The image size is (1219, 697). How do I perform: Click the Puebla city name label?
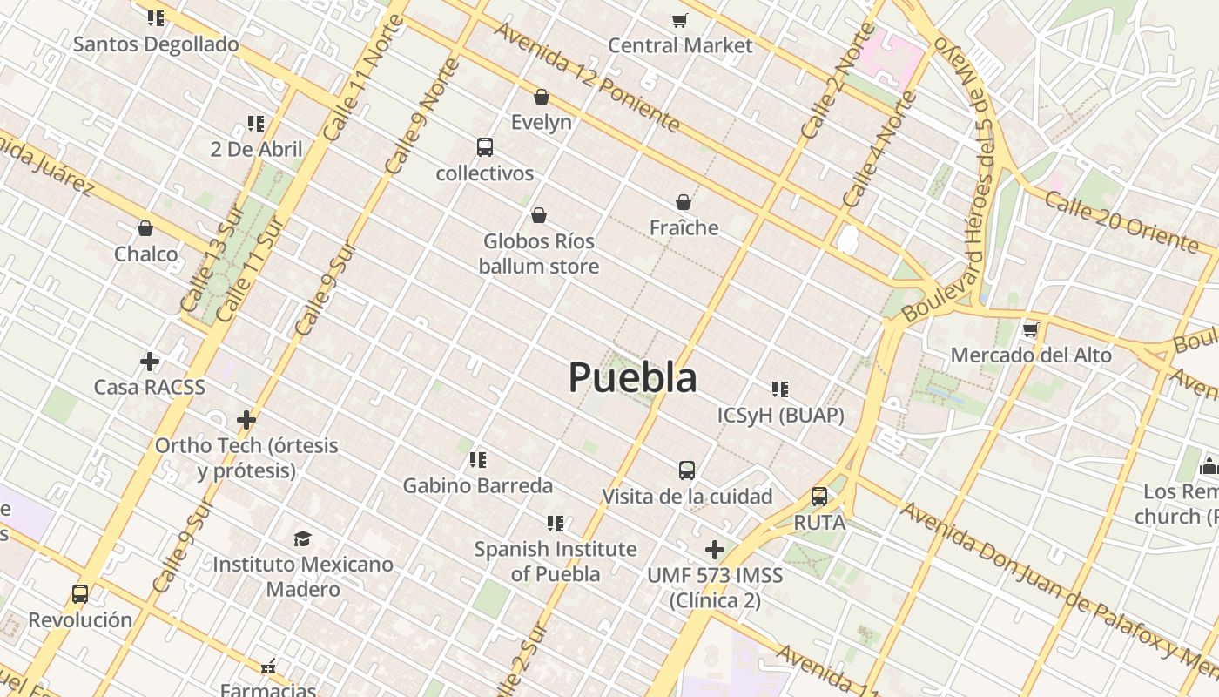pyautogui.click(x=632, y=378)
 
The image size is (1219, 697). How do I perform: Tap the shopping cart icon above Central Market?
pyautogui.click(x=679, y=20)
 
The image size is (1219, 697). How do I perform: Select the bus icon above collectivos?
pyautogui.click(x=485, y=147)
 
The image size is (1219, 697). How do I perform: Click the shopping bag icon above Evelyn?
pyautogui.click(x=542, y=97)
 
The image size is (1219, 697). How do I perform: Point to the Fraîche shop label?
pyautogui.click(x=684, y=228)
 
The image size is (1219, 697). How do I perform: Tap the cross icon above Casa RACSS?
pyautogui.click(x=150, y=361)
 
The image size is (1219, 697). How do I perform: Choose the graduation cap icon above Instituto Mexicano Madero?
pyautogui.click(x=302, y=538)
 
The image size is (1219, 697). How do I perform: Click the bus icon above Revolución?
pyautogui.click(x=80, y=594)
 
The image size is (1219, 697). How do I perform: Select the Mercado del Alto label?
pyautogui.click(x=1031, y=355)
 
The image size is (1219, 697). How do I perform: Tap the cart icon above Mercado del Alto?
pyautogui.click(x=1031, y=329)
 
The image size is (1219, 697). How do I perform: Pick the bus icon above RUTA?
pyautogui.click(x=819, y=497)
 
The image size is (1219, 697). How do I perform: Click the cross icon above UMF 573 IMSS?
pyautogui.click(x=715, y=550)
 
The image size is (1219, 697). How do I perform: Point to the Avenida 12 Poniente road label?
pyautogui.click(x=587, y=77)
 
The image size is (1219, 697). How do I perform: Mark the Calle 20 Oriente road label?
pyautogui.click(x=1121, y=221)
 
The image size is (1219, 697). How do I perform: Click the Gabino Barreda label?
pyautogui.click(x=477, y=485)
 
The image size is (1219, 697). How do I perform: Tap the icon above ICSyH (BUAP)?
pyautogui.click(x=780, y=389)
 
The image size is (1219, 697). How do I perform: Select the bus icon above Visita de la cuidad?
pyautogui.click(x=687, y=470)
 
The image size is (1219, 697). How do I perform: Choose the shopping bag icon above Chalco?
pyautogui.click(x=145, y=228)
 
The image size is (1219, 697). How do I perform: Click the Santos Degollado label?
pyautogui.click(x=156, y=44)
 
